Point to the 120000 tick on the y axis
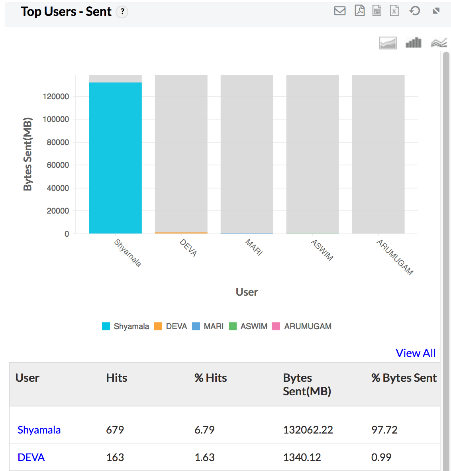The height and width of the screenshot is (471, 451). tap(56, 96)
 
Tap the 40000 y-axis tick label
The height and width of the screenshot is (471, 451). tap(58, 188)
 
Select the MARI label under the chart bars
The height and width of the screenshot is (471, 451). tap(254, 247)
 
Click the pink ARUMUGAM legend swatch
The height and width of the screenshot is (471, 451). tap(276, 326)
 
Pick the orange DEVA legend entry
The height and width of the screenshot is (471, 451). tap(171, 326)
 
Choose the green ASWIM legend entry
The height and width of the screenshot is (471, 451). tap(248, 326)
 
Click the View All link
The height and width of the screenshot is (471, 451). tap(416, 353)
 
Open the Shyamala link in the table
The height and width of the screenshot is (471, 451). tap(39, 430)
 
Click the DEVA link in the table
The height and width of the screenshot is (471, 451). tap(31, 457)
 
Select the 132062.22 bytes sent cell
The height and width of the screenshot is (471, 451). tap(308, 430)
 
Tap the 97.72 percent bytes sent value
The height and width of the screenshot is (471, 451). tap(384, 430)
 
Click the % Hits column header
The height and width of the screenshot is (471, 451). tap(210, 378)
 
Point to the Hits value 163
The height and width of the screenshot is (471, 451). tap(115, 457)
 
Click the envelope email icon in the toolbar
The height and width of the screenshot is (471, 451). tap(340, 11)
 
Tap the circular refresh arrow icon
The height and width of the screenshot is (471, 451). tap(415, 11)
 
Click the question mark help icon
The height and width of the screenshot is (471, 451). tap(122, 12)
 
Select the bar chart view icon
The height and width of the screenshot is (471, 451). tap(413, 43)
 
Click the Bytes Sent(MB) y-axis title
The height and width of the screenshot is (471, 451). tap(27, 154)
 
